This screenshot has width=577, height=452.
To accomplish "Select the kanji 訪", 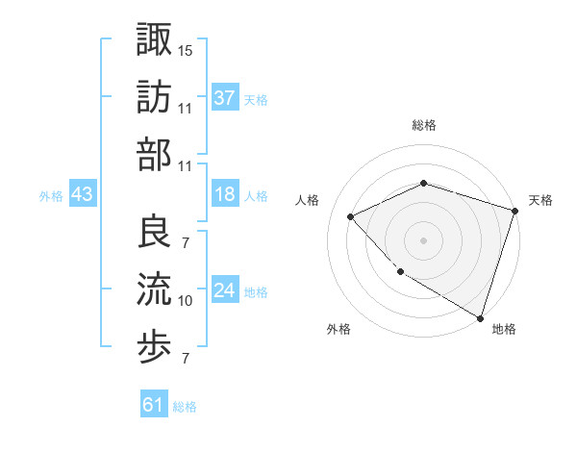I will (x=154, y=96).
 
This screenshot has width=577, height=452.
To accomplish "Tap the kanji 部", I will (x=154, y=155).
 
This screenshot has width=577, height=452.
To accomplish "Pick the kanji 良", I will (x=154, y=231).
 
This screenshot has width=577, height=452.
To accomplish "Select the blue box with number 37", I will (x=225, y=97).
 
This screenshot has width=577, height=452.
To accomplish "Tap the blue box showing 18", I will (x=225, y=194).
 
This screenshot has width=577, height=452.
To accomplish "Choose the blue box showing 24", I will (x=225, y=290).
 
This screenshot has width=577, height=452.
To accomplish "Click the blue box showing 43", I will (x=82, y=194).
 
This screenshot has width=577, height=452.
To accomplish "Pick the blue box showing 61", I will (x=154, y=405).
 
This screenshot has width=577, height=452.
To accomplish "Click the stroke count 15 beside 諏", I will (x=186, y=49).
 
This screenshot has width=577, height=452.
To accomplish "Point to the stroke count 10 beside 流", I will (x=186, y=301).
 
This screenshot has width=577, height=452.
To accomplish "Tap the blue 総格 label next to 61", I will (x=185, y=407).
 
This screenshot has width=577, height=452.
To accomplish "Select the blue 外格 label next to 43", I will (x=51, y=196).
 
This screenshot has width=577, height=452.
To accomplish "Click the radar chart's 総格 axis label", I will (x=424, y=125).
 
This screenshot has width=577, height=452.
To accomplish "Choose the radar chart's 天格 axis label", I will (x=540, y=200).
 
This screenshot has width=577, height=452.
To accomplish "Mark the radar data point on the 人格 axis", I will (x=351, y=216).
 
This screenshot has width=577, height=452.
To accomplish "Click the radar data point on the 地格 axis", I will (x=480, y=316).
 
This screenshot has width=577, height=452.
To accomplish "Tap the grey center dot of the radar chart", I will (x=423, y=239).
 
